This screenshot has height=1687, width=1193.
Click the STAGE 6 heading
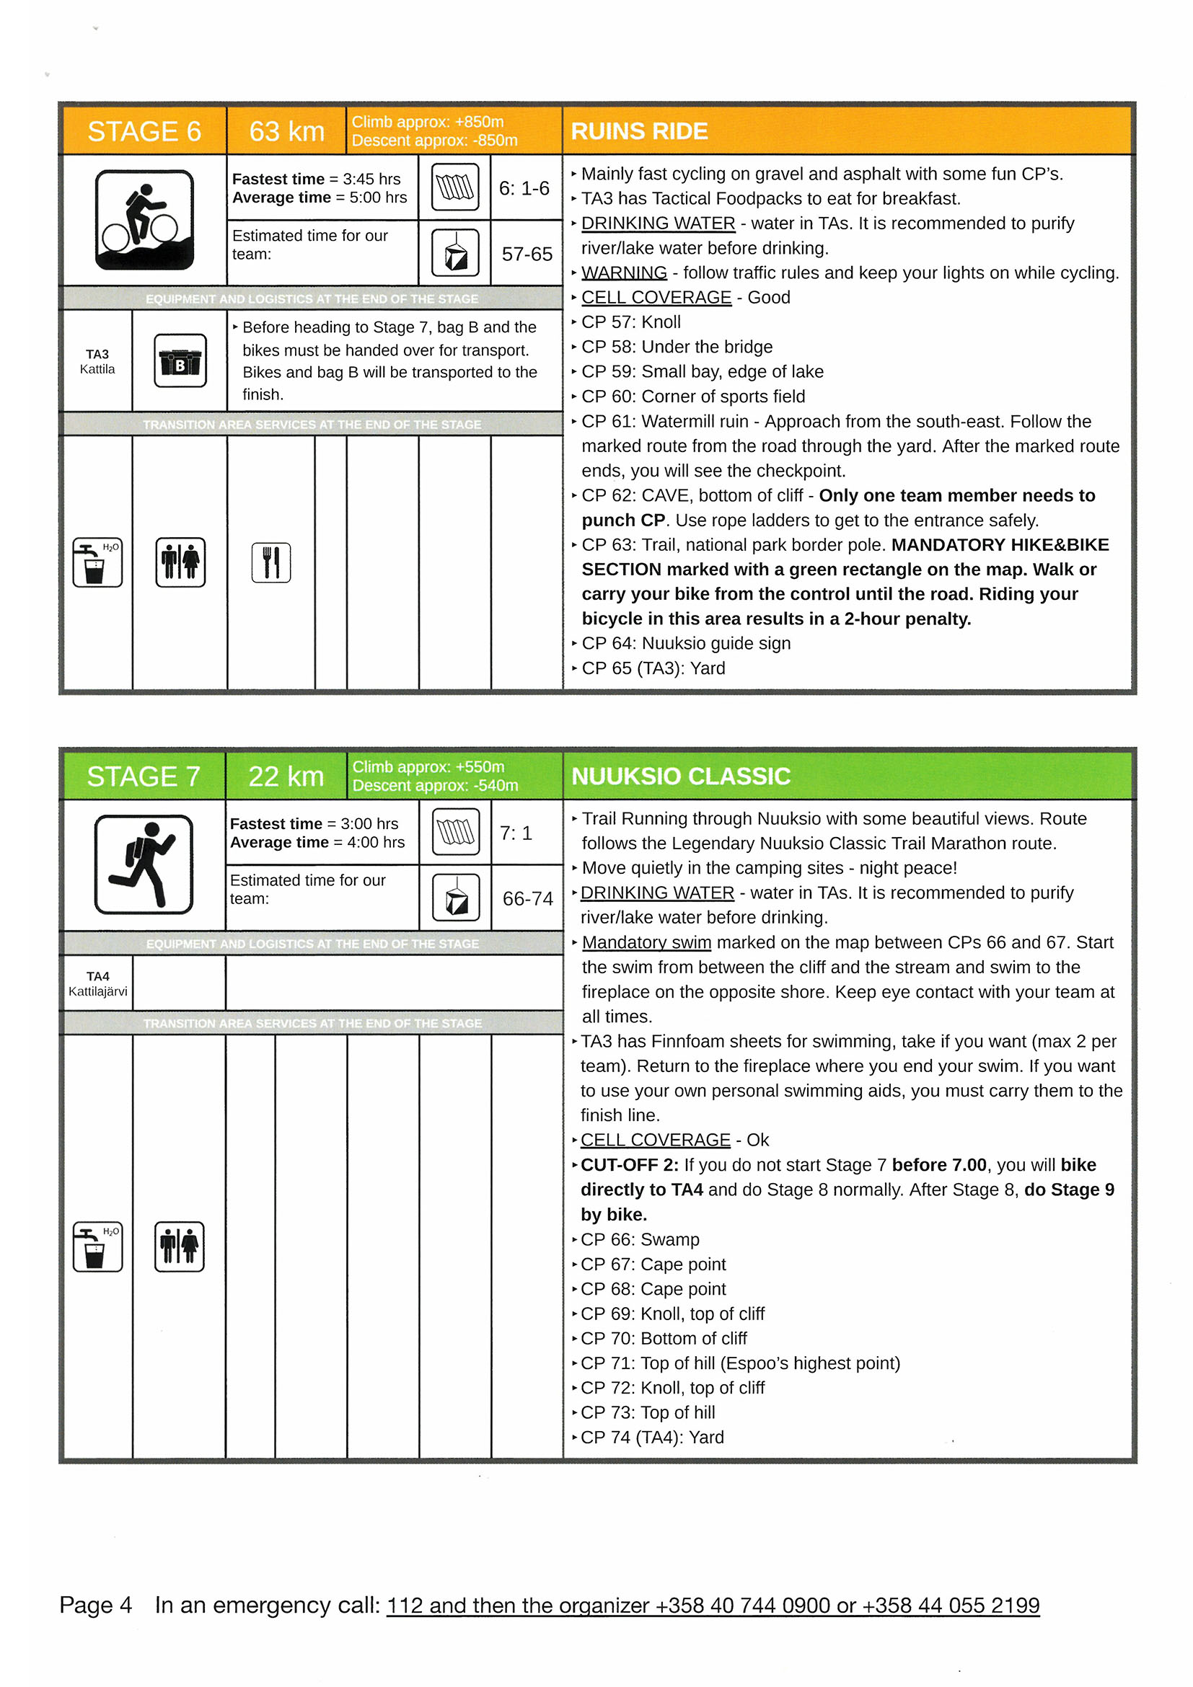(144, 131)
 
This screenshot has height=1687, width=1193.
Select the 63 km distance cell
(286, 131)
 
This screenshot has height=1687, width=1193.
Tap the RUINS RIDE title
(639, 131)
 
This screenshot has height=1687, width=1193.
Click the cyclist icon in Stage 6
(144, 220)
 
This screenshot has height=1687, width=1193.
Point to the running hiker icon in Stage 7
(144, 864)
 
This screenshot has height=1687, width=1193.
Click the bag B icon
(180, 360)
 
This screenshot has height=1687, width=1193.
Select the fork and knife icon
(271, 563)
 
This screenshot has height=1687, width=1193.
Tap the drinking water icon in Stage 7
(97, 1247)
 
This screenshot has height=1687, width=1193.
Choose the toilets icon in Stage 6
(180, 563)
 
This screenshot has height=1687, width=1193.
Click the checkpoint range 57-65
(527, 254)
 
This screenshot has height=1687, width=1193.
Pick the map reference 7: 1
(516, 833)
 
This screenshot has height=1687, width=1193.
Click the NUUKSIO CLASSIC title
(681, 776)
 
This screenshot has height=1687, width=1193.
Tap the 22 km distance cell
(286, 776)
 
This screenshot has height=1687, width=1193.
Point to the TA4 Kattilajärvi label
(98, 983)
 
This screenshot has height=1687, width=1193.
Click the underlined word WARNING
(624, 273)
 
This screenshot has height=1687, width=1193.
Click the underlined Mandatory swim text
(646, 943)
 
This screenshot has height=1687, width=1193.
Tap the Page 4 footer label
(95, 1606)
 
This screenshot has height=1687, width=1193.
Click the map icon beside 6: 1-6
(455, 187)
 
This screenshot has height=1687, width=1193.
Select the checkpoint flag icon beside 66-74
(456, 898)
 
